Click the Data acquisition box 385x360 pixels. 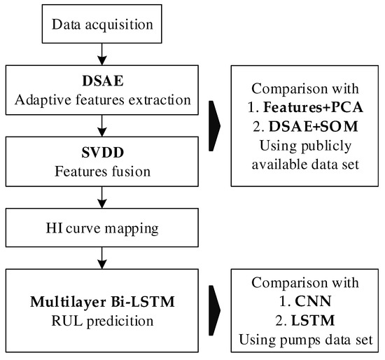[x=104, y=26]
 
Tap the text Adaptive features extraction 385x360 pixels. [x=104, y=99]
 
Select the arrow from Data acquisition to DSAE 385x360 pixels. [x=104, y=55]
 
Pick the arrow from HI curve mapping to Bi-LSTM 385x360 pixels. [x=104, y=260]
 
